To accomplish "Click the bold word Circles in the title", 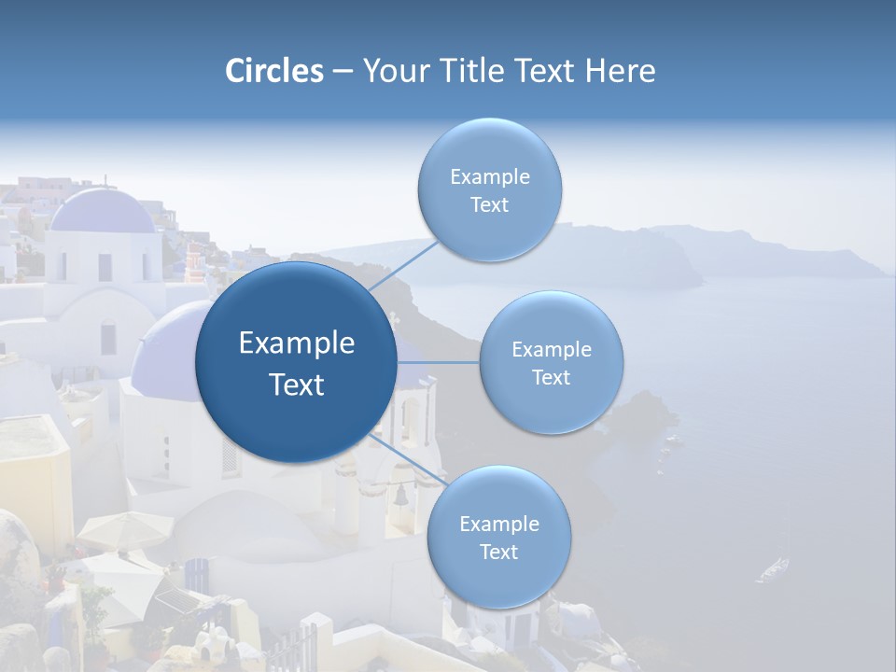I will pyautogui.click(x=274, y=71).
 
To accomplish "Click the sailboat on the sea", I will pyautogui.click(x=773, y=566).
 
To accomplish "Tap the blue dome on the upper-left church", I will pyautogui.click(x=103, y=212).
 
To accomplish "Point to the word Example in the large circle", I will pyautogui.click(x=297, y=343).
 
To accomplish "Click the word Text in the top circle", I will pyautogui.click(x=489, y=205).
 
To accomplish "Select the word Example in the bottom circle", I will pyautogui.click(x=498, y=524).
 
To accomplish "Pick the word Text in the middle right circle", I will pyautogui.click(x=551, y=378).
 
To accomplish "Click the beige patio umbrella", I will pyautogui.click(x=123, y=529).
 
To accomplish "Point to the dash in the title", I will pyautogui.click(x=343, y=72).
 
